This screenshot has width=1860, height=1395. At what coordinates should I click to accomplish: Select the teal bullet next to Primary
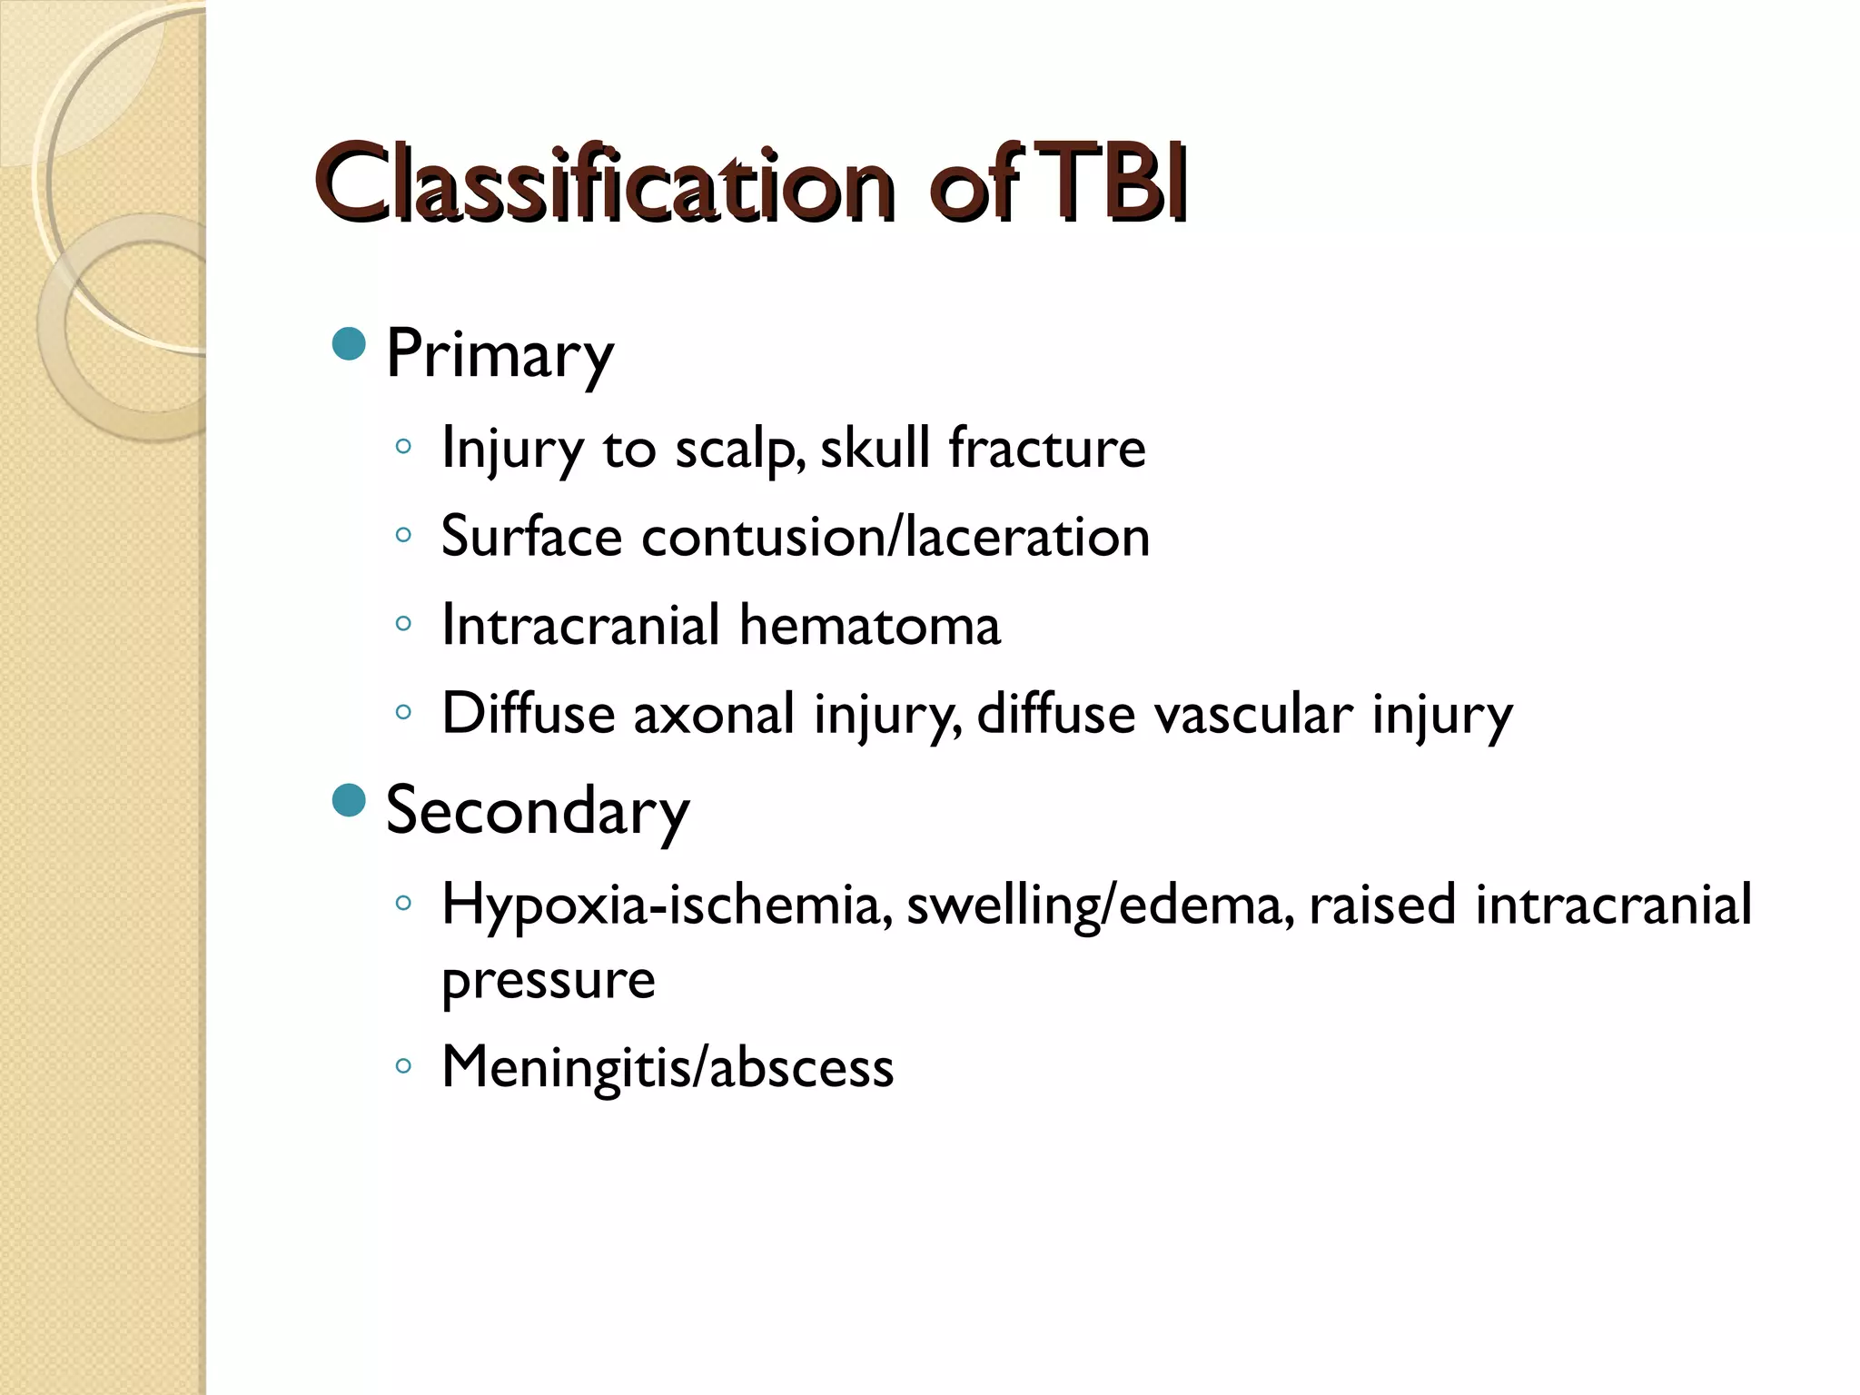(350, 344)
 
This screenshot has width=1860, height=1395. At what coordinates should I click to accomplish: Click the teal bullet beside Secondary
(350, 801)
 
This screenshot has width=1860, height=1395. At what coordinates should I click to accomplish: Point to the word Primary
(500, 354)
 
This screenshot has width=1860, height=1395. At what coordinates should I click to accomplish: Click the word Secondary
(537, 811)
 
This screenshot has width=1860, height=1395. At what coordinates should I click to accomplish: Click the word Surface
(531, 537)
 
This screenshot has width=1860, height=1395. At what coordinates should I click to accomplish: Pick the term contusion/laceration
(895, 537)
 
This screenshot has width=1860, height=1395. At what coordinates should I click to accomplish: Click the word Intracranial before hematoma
(580, 625)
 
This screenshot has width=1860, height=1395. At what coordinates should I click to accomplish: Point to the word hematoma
(869, 625)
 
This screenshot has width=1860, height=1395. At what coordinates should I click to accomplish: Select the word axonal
(714, 714)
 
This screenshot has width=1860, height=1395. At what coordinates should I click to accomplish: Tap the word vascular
(1252, 714)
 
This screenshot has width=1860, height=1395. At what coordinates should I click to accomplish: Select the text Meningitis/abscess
(668, 1066)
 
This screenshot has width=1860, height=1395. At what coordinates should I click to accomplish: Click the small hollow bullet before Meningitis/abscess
(404, 1065)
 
